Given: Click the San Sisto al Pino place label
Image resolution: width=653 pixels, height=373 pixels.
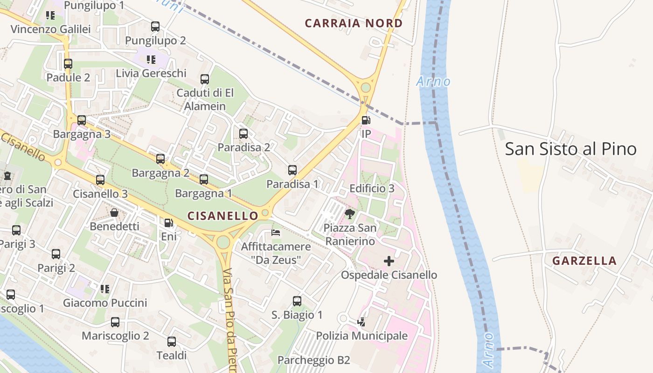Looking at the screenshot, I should [570, 149].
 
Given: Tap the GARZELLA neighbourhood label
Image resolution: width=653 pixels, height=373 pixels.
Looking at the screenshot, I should [584, 261].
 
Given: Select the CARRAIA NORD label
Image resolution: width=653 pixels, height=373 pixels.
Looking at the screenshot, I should [354, 23].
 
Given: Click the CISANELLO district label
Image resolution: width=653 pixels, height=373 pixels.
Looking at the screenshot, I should [222, 215].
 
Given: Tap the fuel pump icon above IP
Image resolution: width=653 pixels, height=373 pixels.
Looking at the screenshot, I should [366, 120].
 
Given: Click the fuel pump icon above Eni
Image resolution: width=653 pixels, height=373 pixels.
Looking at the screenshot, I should [168, 223].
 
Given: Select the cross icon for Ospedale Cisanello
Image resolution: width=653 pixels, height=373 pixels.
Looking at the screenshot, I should [389, 261].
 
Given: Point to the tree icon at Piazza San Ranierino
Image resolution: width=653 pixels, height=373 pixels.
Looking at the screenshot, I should [349, 214].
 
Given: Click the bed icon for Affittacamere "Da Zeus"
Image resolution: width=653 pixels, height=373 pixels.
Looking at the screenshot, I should [276, 232].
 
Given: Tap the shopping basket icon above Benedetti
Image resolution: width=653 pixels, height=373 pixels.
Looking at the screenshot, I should [114, 213].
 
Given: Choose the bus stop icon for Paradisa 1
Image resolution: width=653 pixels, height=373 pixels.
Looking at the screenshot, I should [292, 170].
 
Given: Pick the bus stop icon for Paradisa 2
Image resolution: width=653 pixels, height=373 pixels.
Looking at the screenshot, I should [243, 134].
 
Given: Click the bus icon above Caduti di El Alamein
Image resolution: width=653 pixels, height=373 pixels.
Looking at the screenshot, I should [205, 79].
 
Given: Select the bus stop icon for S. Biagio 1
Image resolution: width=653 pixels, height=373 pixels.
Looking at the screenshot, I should [297, 301].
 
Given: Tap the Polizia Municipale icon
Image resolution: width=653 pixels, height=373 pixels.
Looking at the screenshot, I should [361, 322].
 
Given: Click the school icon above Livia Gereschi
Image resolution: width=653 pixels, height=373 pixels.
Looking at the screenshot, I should [151, 60].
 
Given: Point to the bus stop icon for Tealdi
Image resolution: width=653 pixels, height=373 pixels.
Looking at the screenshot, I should [172, 342].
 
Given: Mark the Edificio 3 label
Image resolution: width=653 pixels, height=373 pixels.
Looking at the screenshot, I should [372, 188].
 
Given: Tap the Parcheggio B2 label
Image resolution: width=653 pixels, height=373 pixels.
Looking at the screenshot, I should [313, 360].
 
